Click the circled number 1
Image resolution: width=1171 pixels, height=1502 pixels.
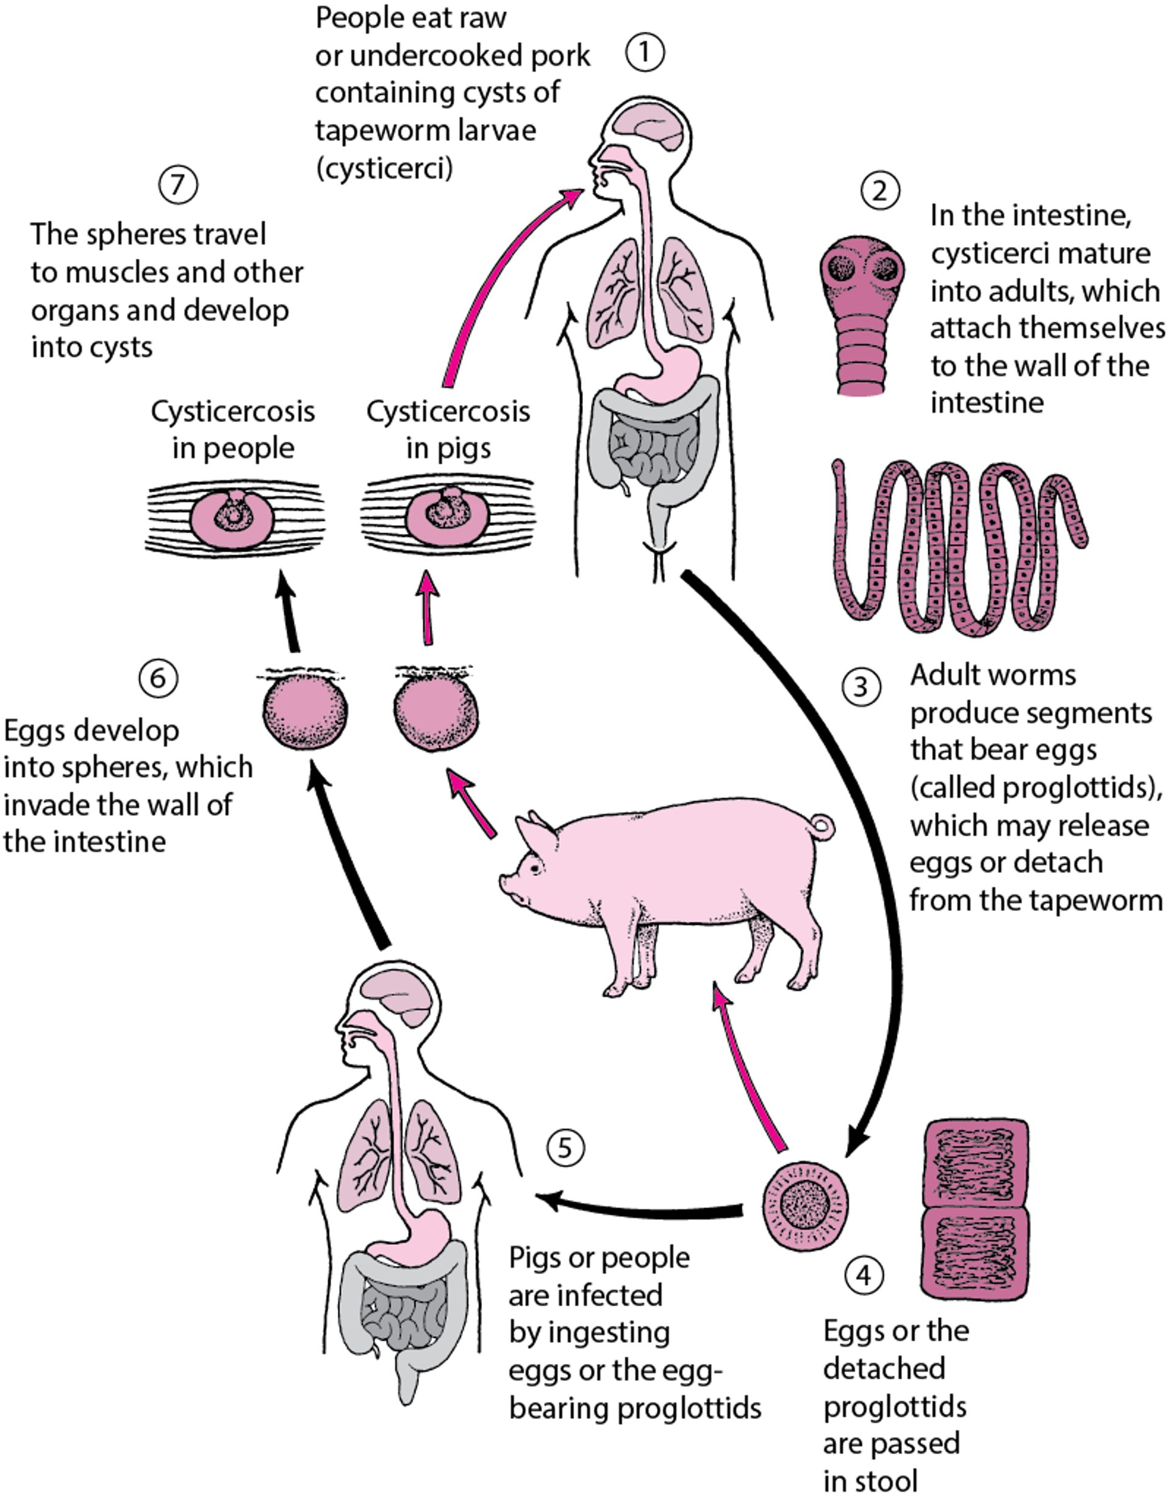pos(644,53)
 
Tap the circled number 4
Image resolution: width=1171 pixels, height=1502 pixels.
pos(864,1274)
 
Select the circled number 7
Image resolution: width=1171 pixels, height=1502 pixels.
pos(178,184)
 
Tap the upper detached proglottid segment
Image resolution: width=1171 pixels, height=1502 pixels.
pos(975,1162)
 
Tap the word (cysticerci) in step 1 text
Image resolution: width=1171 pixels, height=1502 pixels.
pos(384,167)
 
